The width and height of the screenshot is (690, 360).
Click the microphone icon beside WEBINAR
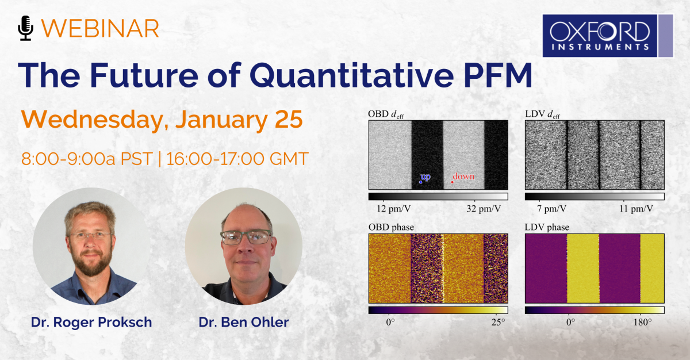(25, 28)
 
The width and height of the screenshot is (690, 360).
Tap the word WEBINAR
(100, 29)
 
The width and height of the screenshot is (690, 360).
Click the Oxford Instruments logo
(608, 36)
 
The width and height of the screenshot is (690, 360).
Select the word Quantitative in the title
(351, 75)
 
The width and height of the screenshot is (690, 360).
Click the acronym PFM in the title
(498, 75)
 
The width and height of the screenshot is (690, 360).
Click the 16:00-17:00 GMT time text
(237, 159)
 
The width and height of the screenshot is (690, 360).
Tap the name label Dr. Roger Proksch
(91, 322)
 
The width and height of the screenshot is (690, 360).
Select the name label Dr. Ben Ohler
(244, 322)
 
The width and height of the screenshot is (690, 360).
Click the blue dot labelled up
(420, 182)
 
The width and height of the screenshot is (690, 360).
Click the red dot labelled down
(452, 182)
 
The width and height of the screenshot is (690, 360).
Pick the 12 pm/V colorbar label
(394, 209)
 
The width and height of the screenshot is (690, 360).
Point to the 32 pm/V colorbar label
(484, 209)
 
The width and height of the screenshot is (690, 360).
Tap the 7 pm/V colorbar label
(551, 209)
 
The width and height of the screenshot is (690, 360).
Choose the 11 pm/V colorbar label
(636, 209)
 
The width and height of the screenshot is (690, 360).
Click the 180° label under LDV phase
(643, 323)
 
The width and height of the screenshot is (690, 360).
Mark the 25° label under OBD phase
(498, 323)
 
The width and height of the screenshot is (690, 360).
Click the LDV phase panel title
(547, 227)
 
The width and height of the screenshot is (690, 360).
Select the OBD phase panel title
(391, 227)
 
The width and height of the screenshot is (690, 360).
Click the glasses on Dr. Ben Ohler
(246, 238)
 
